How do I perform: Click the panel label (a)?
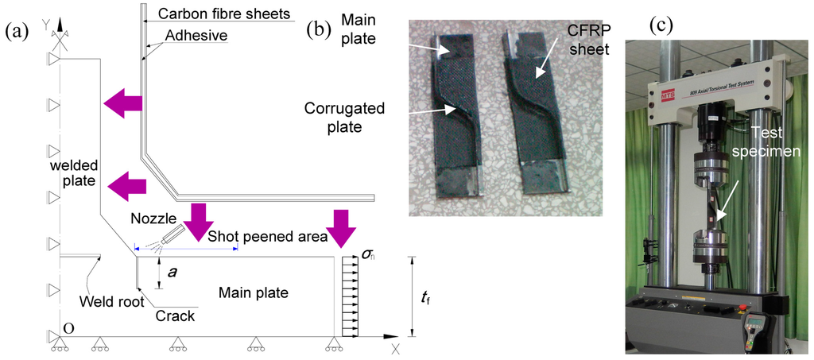pyautogui.click(x=18, y=32)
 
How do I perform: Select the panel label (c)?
pyautogui.click(x=661, y=25)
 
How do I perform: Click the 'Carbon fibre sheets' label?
pyautogui.click(x=224, y=14)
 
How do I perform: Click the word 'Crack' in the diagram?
pyautogui.click(x=175, y=315)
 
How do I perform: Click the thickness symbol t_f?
pyautogui.click(x=426, y=298)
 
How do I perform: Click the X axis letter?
pyautogui.click(x=394, y=348)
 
